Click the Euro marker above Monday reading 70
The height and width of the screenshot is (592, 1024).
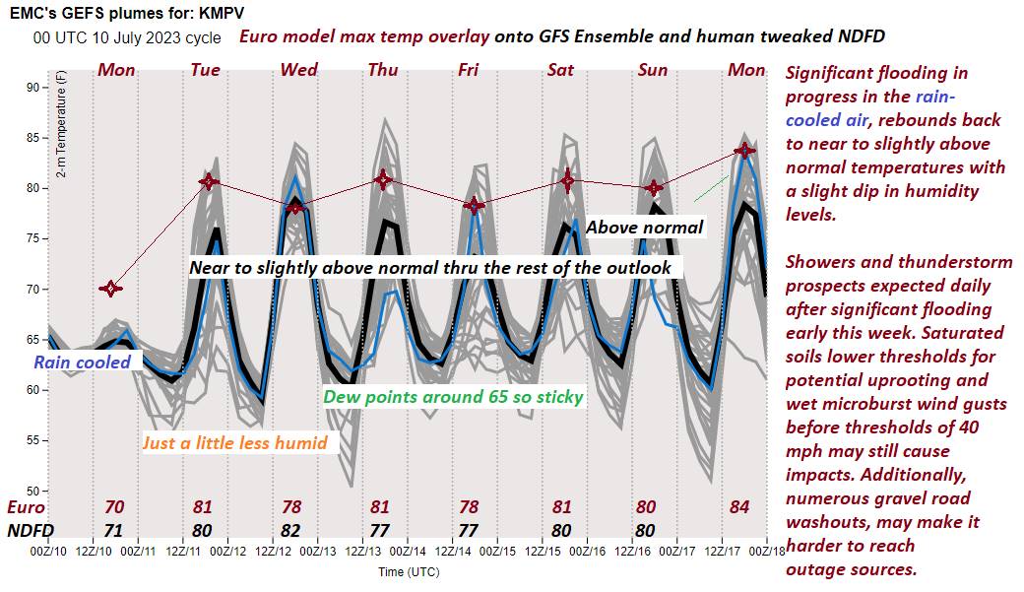pos(110,289)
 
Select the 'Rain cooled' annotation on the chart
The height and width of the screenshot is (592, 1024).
pos(83,362)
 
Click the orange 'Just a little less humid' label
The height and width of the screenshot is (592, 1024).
pos(234,442)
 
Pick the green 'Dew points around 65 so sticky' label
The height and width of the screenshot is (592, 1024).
pos(454,397)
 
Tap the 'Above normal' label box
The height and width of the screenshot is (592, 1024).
pos(645,228)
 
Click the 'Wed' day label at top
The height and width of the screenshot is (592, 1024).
pos(298,70)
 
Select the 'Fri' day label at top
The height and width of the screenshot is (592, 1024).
pos(470,70)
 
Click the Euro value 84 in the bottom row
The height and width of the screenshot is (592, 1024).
pos(740,507)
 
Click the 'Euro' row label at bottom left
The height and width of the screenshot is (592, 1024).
pos(26,507)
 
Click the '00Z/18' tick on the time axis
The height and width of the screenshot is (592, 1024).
pos(768,554)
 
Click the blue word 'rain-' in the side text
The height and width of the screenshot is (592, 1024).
pos(934,97)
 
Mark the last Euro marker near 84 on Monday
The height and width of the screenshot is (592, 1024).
pos(745,151)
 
